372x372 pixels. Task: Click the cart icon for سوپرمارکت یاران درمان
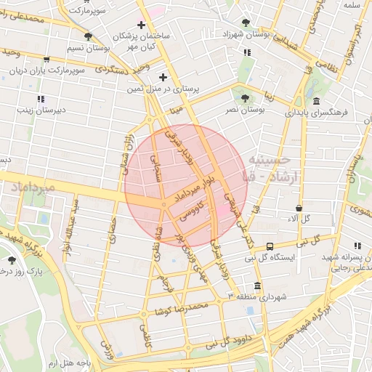(47, 60)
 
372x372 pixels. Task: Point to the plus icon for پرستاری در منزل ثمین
(163, 76)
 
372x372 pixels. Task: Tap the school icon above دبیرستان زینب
(41, 98)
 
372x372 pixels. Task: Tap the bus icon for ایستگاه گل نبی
(270, 246)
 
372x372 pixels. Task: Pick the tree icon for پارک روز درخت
(11, 259)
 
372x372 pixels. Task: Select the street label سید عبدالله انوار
(70, 225)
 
